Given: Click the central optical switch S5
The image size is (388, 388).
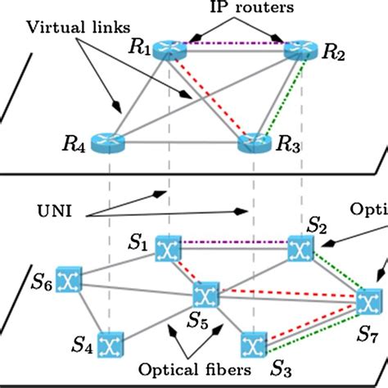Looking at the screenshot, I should tap(205, 295).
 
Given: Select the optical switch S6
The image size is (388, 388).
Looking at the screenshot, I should tap(65, 282).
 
